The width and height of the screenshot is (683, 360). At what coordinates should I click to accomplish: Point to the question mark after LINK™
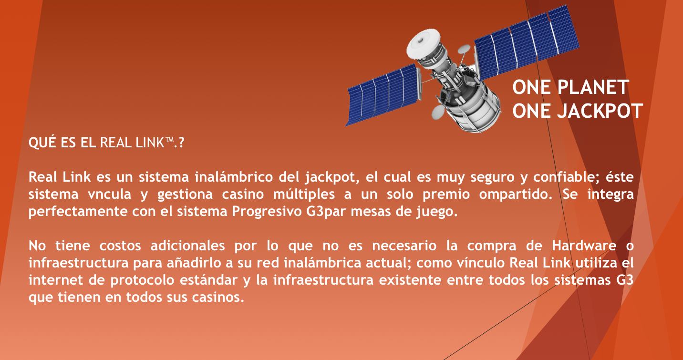(182, 143)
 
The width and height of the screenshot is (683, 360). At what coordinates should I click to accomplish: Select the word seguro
(492, 177)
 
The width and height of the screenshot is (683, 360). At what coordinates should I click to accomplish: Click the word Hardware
(584, 246)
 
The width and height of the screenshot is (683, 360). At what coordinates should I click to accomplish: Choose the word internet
(55, 280)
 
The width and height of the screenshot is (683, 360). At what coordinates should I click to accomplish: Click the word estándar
(208, 280)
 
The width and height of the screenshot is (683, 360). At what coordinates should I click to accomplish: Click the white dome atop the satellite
(424, 43)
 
